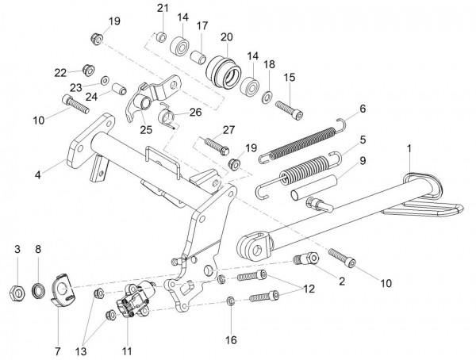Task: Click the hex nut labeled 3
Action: pyautogui.click(x=17, y=293)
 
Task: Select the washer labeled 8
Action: pyautogui.click(x=39, y=290)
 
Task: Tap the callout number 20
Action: pyautogui.click(x=226, y=36)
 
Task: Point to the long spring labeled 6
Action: pyautogui.click(x=303, y=140)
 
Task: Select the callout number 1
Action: pyautogui.click(x=409, y=149)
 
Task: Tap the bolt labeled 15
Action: pyautogui.click(x=290, y=110)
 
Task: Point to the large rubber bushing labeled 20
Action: pyautogui.click(x=224, y=71)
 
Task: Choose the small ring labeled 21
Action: pyautogui.click(x=161, y=37)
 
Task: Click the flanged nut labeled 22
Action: pyautogui.click(x=89, y=70)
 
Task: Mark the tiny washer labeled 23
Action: pyautogui.click(x=106, y=80)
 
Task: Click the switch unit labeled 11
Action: pyautogui.click(x=135, y=300)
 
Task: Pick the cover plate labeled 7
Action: pyautogui.click(x=62, y=291)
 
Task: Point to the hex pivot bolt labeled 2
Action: pyautogui.click(x=306, y=259)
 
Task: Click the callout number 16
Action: pyautogui.click(x=231, y=339)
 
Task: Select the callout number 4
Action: pyautogui.click(x=37, y=174)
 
